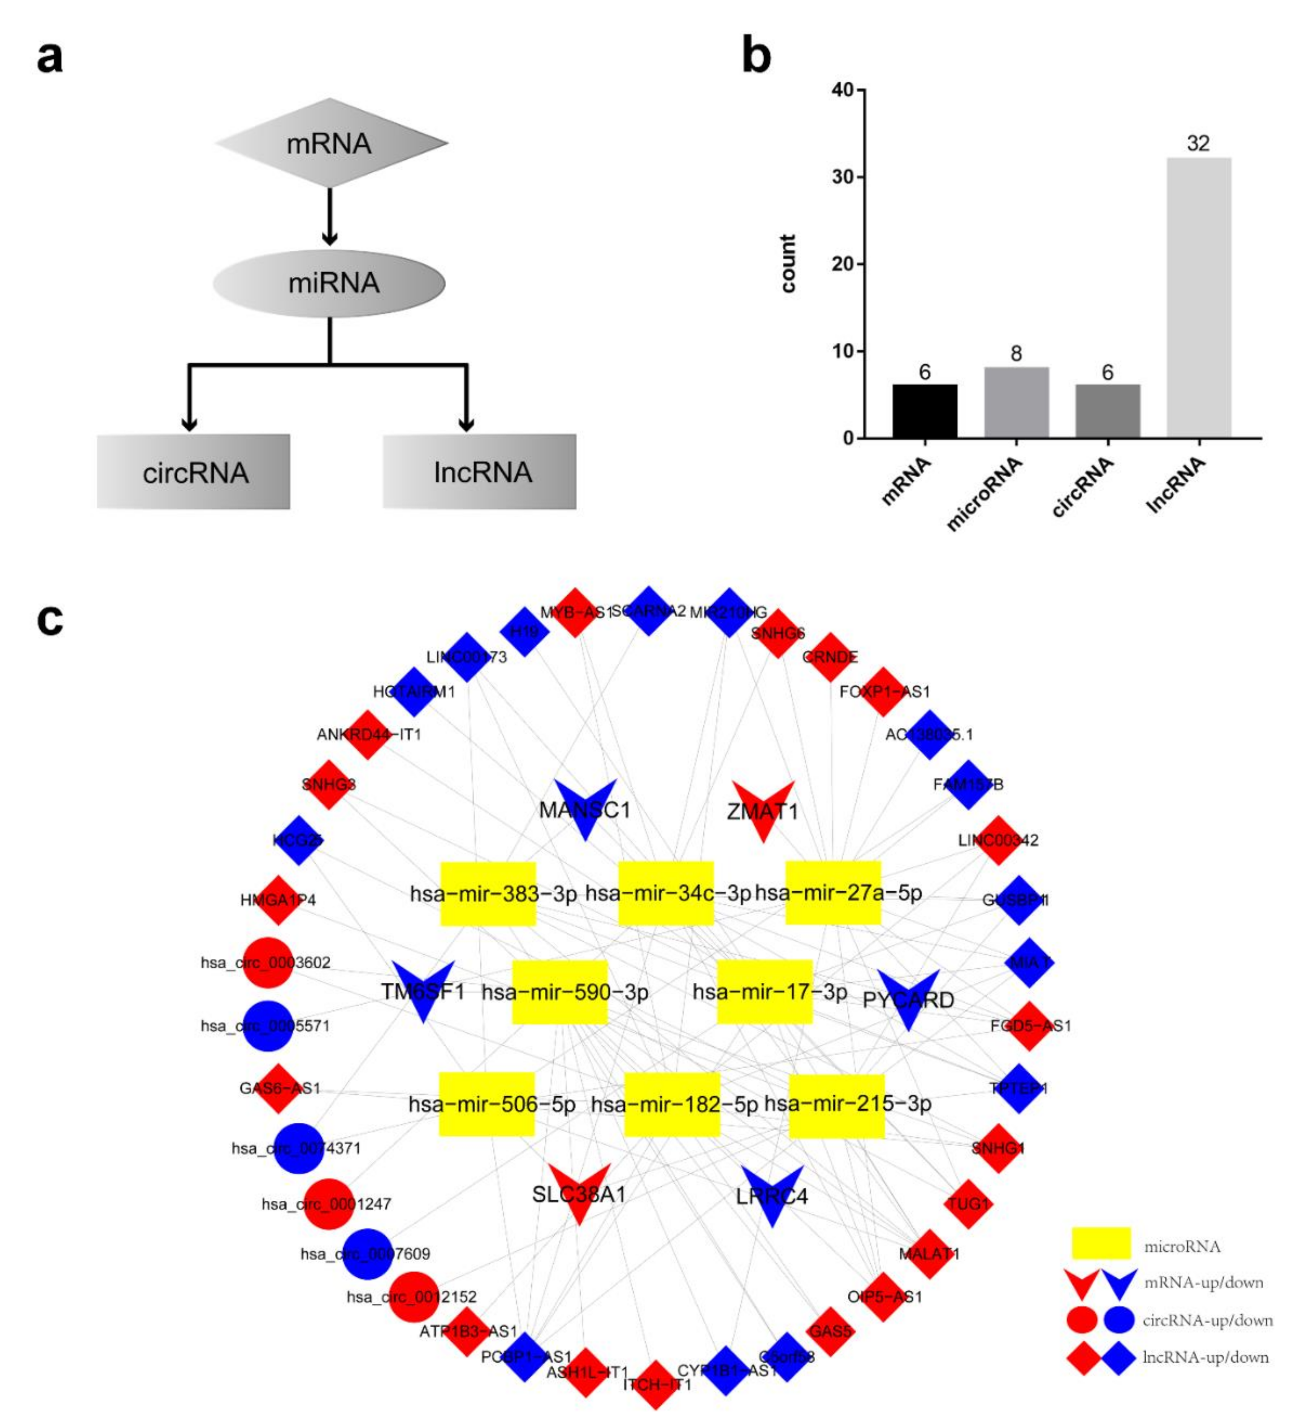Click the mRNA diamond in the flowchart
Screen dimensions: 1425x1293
click(x=331, y=143)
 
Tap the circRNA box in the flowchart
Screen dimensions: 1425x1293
click(x=194, y=472)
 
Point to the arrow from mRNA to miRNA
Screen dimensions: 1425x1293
click(x=329, y=215)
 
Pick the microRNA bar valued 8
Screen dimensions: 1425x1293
click(x=1016, y=402)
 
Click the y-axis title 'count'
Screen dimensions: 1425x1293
click(x=788, y=264)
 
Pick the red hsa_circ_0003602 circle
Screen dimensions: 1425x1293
click(x=268, y=962)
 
